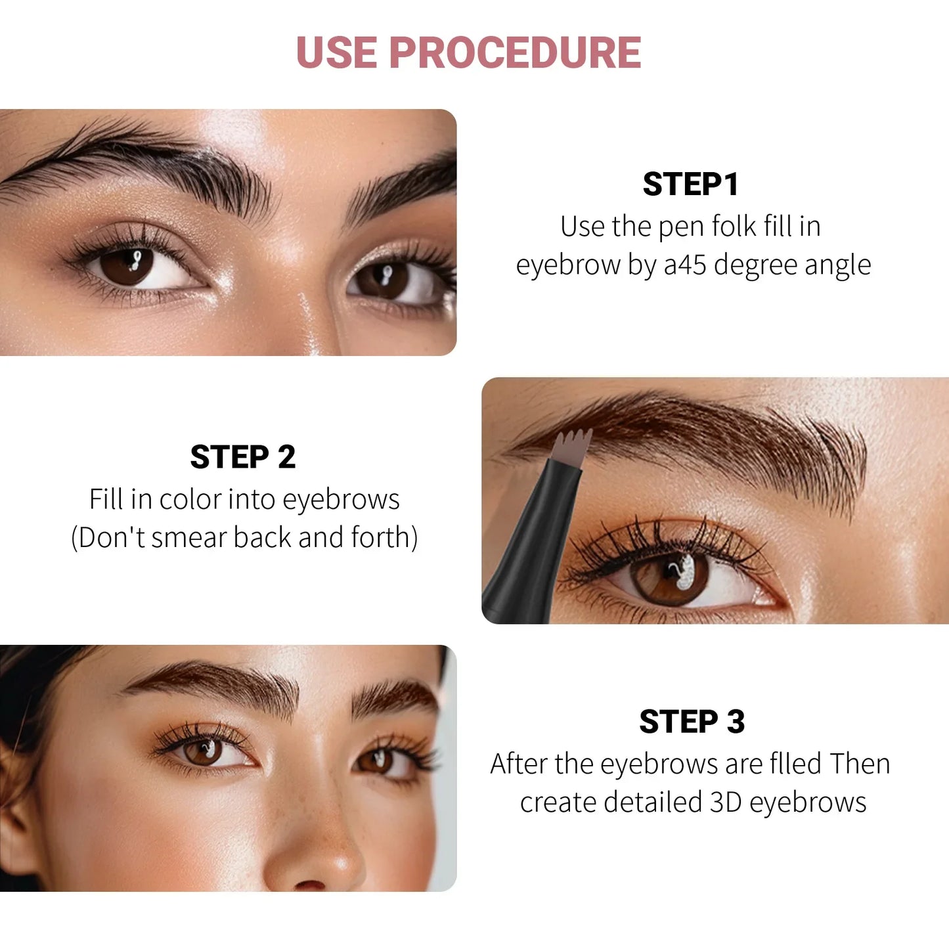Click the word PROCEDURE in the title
[515, 53]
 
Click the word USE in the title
[336, 53]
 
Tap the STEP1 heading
[691, 184]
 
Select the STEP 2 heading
[243, 457]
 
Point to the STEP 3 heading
[692, 722]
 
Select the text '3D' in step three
[726, 803]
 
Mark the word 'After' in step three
[519, 764]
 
